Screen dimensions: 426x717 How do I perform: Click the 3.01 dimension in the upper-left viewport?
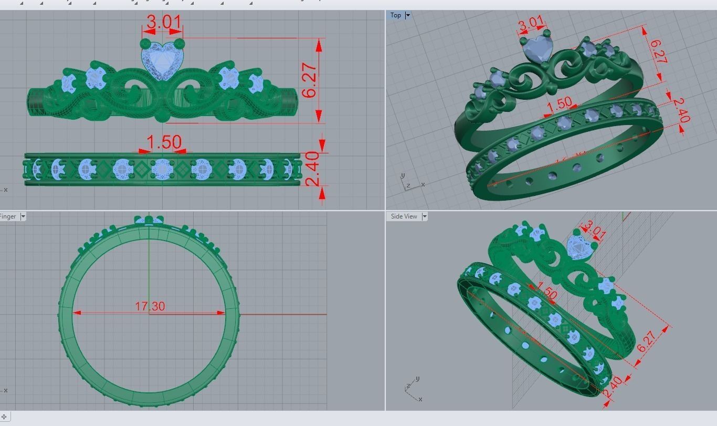[164, 23]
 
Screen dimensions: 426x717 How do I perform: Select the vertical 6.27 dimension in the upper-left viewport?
[310, 80]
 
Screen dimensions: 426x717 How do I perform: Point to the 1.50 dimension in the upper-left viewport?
[164, 142]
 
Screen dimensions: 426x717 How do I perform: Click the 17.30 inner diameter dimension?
[150, 306]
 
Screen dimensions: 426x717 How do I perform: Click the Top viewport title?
[395, 15]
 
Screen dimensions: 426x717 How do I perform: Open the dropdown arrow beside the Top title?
[408, 15]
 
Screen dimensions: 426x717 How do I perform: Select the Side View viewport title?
[404, 216]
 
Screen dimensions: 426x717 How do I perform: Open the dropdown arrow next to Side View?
[424, 216]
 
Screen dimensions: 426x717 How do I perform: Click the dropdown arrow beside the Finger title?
[23, 216]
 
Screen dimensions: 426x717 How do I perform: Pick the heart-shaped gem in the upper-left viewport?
[163, 62]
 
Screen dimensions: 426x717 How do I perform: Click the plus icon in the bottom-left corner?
[4, 417]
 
